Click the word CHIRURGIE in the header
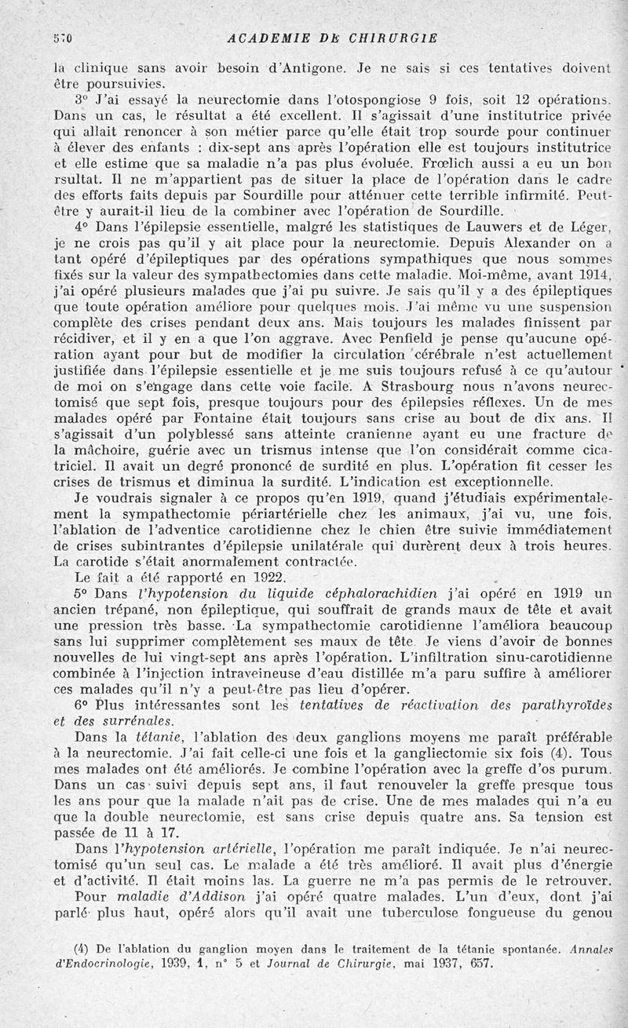[390, 38]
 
